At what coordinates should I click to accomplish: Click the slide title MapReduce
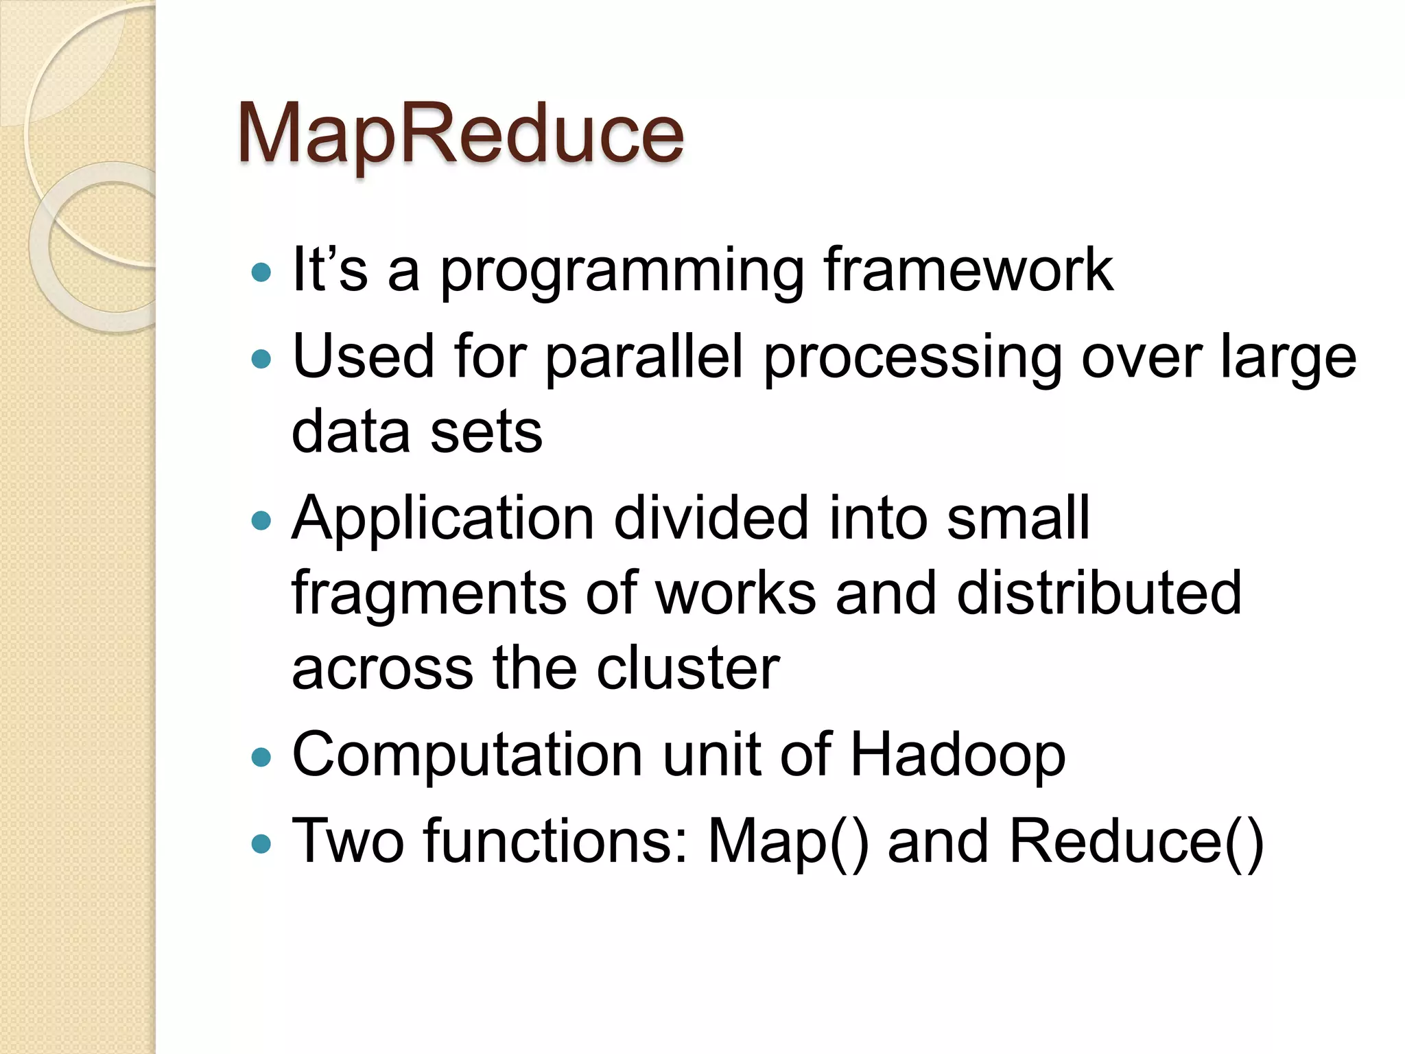460,133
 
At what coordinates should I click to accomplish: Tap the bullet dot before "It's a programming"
261,273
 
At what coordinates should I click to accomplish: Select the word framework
968,270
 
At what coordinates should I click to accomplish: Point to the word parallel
644,358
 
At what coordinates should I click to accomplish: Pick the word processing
912,359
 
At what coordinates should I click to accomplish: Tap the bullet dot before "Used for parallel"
261,358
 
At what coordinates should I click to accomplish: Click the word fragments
429,594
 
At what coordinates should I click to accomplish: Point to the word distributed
1098,593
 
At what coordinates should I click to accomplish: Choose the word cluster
688,668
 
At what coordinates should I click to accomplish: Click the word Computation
467,756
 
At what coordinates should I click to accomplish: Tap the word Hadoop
958,756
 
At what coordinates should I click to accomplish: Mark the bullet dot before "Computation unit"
261,757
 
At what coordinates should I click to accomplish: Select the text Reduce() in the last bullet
1135,843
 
